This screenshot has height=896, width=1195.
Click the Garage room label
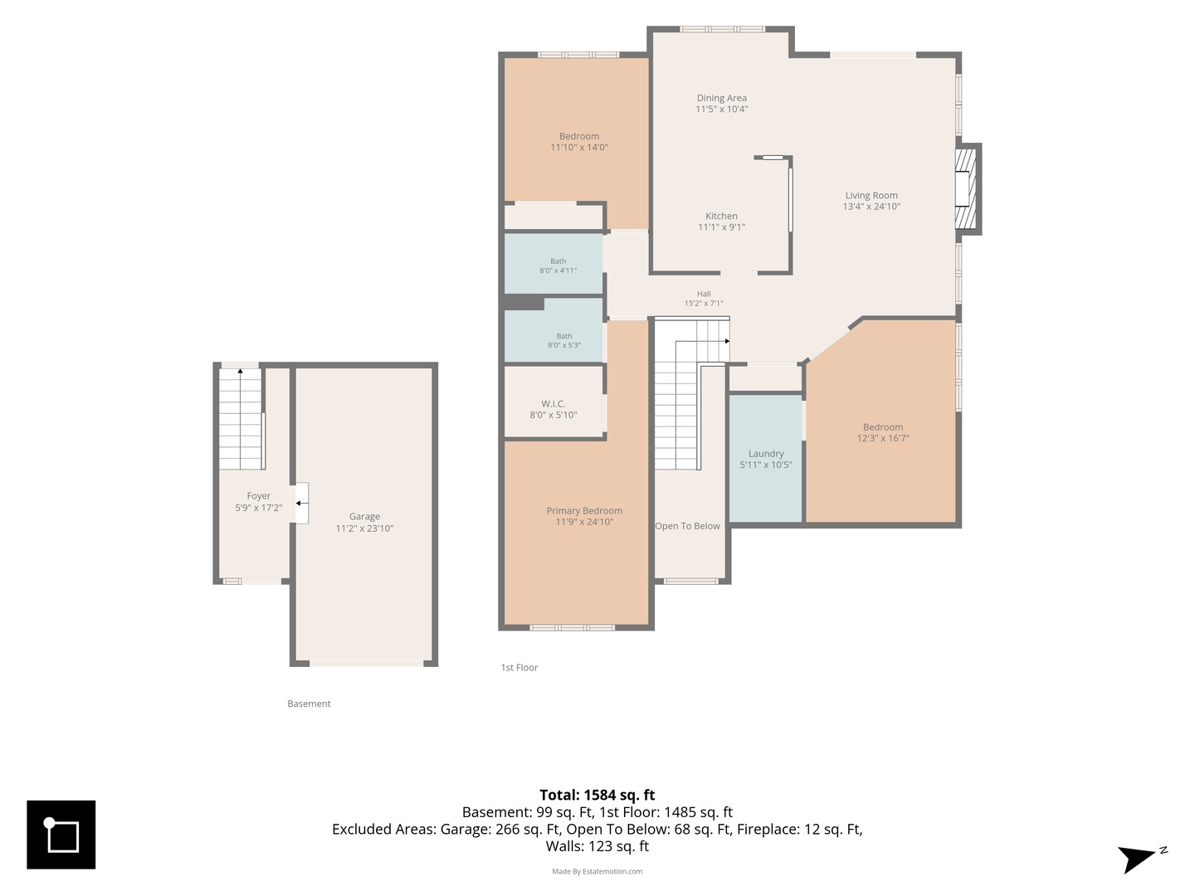[x=364, y=516]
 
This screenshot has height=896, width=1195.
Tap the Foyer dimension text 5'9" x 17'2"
[x=259, y=508]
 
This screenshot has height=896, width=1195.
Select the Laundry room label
[x=765, y=454]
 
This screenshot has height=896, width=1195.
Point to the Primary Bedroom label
[x=584, y=511]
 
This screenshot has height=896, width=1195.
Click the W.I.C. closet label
[x=554, y=404]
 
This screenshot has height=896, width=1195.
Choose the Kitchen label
[x=721, y=216]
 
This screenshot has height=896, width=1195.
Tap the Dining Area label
[x=721, y=98]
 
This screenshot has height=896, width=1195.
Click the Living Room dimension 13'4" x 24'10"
[x=871, y=207]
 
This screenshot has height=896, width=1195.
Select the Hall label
[x=704, y=294]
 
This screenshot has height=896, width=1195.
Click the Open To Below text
[x=687, y=526]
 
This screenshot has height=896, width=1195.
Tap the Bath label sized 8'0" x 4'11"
[x=558, y=261]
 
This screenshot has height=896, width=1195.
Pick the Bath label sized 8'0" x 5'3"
[x=564, y=336]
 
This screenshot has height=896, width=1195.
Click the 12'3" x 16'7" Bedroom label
[x=882, y=427]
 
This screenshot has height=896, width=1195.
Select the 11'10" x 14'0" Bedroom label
[x=578, y=136]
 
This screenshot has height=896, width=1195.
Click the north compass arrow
[x=1137, y=857]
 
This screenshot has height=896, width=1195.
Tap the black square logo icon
[x=61, y=835]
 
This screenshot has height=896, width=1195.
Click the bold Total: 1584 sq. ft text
[x=597, y=796]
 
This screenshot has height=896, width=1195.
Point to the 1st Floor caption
[x=519, y=668]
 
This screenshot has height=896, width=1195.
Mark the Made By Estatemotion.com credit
[x=597, y=871]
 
